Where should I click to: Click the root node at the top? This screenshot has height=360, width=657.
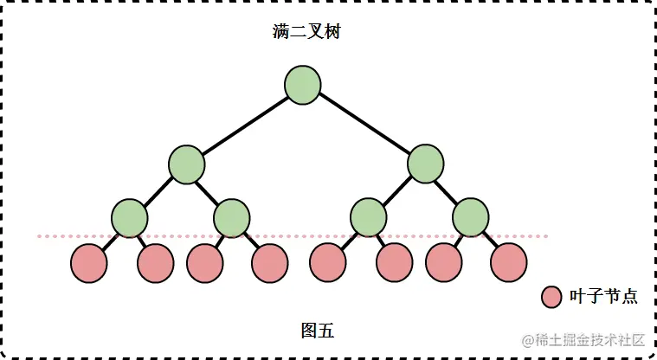303,86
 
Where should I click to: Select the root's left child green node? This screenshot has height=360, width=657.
186,164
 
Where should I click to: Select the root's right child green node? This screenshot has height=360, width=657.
425,164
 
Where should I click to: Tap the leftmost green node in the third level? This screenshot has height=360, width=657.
130,216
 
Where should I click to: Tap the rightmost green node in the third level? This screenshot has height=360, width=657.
471,216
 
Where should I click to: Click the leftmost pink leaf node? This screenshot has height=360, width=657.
88,263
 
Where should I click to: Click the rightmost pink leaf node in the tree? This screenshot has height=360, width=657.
508,262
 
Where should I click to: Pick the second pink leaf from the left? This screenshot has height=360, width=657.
156,263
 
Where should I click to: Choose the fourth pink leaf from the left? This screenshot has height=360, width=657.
269,263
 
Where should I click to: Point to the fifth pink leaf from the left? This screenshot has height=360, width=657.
328,262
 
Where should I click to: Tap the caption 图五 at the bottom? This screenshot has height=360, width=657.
317,331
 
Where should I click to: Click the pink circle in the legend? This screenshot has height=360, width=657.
551,297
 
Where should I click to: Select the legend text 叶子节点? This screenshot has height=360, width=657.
603,297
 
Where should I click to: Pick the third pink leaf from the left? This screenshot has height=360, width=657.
204,263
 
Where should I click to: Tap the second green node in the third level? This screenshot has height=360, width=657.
231,216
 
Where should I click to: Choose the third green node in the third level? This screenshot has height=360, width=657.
368,216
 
